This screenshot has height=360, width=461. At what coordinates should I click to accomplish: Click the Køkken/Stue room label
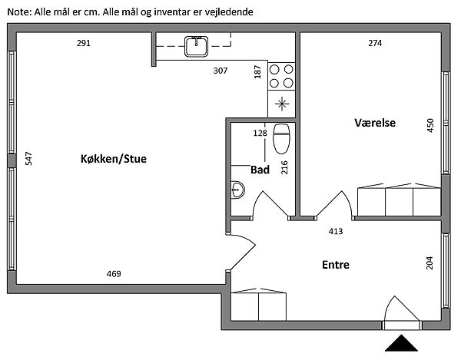[113, 159]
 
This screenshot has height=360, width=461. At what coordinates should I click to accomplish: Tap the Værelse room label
[375, 123]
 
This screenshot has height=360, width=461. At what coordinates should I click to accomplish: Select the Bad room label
[260, 170]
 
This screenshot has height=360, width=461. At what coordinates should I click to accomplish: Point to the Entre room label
[336, 265]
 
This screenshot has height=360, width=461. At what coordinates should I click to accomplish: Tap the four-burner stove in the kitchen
[282, 74]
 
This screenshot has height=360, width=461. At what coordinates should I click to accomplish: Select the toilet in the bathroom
[281, 138]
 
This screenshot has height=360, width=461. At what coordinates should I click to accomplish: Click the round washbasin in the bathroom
[237, 188]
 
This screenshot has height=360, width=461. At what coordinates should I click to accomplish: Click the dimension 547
[28, 159]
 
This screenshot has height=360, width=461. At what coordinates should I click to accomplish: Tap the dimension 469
[113, 274]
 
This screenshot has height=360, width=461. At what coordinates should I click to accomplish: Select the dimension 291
[84, 43]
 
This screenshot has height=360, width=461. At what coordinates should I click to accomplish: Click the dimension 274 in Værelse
[375, 43]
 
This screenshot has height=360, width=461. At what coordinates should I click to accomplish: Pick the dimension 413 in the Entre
[336, 230]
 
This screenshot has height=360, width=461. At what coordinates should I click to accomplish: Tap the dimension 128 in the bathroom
[260, 133]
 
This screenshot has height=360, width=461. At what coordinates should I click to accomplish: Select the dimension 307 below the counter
[221, 71]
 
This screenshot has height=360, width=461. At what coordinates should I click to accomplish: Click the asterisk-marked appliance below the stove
[282, 104]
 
